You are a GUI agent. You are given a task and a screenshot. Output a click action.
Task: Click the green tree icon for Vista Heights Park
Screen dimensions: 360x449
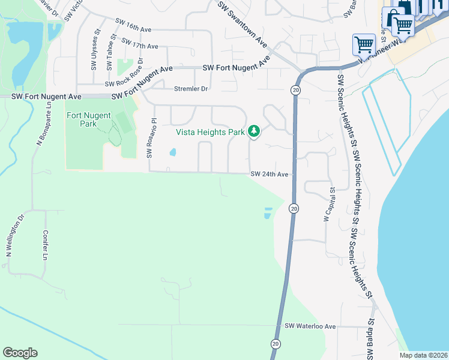pyautogui.click(x=254, y=131)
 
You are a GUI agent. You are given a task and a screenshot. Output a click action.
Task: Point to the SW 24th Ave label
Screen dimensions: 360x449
pyautogui.click(x=270, y=174)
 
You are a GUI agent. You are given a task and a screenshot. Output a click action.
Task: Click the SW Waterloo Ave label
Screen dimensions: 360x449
pyautogui.click(x=310, y=326)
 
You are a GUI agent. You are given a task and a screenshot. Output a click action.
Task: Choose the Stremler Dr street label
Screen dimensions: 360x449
pyautogui.click(x=190, y=89)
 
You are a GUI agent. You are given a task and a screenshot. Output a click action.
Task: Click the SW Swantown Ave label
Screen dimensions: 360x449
pyautogui.click(x=243, y=24)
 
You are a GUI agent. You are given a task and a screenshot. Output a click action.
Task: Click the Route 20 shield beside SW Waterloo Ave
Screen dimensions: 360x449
pyautogui.click(x=276, y=344)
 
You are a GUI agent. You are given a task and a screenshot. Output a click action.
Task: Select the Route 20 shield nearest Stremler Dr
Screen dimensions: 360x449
pyautogui.click(x=295, y=90)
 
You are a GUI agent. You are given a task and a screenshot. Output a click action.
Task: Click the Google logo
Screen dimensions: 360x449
pyautogui.click(x=20, y=353)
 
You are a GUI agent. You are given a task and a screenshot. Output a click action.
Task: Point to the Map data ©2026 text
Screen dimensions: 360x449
pyautogui.click(x=423, y=355)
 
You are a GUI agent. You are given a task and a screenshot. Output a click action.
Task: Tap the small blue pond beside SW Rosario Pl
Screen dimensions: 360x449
pyautogui.click(x=173, y=152)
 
